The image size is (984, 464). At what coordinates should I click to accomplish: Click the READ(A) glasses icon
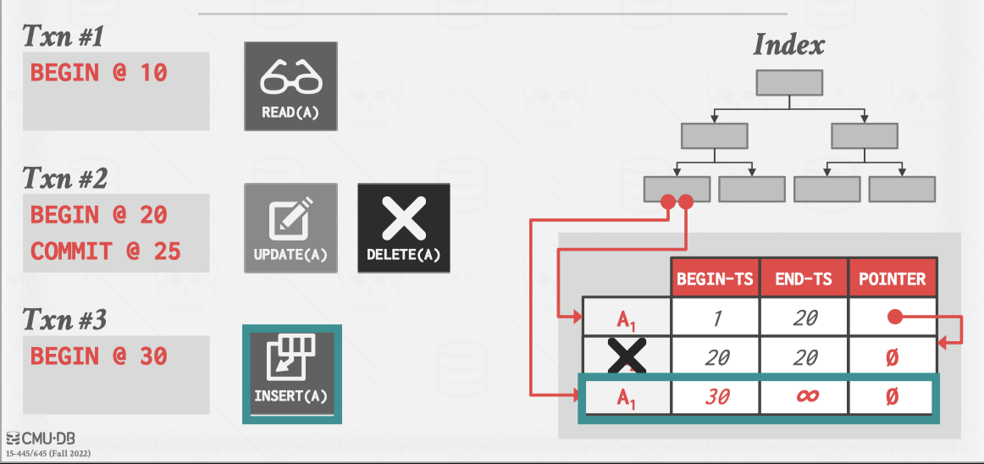pyautogui.click(x=290, y=86)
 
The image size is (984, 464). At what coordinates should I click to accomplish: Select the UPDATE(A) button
pyautogui.click(x=290, y=228)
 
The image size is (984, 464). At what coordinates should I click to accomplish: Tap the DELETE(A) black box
pyautogui.click(x=403, y=228)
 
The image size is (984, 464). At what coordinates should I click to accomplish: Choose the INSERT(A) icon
pyautogui.click(x=290, y=373)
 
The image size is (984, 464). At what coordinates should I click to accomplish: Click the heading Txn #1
pyautogui.click(x=64, y=36)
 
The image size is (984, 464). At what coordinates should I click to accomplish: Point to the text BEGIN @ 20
pyautogui.click(x=98, y=215)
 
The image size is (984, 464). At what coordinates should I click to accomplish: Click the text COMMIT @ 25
pyautogui.click(x=105, y=251)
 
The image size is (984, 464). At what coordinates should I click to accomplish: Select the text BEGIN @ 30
pyautogui.click(x=98, y=356)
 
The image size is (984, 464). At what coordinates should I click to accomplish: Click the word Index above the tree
pyautogui.click(x=788, y=44)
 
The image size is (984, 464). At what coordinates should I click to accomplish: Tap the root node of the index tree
pyautogui.click(x=788, y=82)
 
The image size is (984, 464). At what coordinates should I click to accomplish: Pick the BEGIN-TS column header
pyautogui.click(x=715, y=279)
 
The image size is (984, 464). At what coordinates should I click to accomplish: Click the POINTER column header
pyautogui.click(x=892, y=279)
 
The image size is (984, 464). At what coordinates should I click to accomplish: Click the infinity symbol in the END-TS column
pyautogui.click(x=805, y=396)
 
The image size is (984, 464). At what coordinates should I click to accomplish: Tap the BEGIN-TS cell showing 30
pyautogui.click(x=716, y=396)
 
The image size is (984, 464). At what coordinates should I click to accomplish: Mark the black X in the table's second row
pyautogui.click(x=627, y=356)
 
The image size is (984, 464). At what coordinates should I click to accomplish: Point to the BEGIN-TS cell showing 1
pyautogui.click(x=716, y=318)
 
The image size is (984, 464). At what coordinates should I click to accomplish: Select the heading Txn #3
pyautogui.click(x=64, y=320)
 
